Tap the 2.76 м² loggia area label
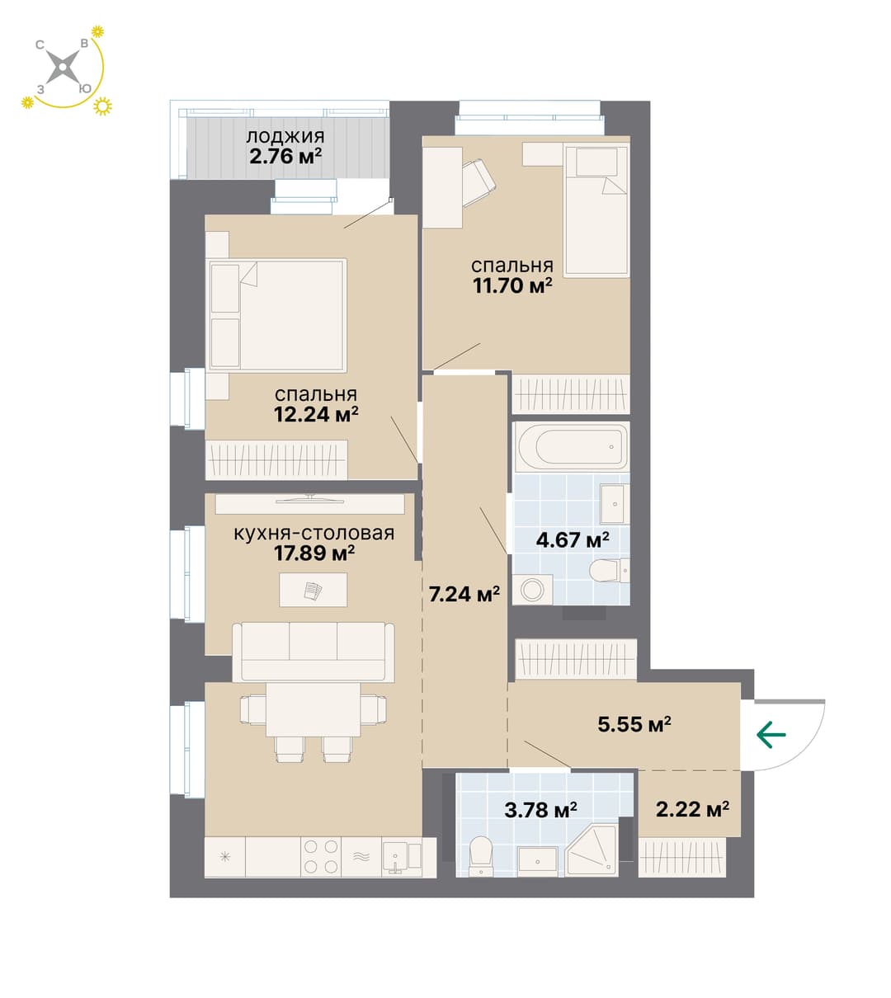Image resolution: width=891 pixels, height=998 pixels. (285, 157)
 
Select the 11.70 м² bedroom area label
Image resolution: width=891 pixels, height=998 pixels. (512, 285)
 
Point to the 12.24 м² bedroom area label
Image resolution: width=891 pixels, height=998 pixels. (316, 414)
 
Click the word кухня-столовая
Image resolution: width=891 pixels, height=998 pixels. (314, 533)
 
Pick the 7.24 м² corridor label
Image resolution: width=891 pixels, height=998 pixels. (464, 594)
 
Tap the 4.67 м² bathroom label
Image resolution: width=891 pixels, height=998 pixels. (573, 540)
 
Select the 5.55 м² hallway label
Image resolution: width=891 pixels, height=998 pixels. (634, 724)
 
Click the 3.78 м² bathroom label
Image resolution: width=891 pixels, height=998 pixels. (540, 810)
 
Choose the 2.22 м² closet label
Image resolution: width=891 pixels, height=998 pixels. (692, 809)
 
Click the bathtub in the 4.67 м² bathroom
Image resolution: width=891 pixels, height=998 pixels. (571, 447)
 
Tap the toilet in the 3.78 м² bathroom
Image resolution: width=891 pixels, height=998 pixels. (481, 855)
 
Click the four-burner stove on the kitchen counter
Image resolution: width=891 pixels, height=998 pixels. (321, 858)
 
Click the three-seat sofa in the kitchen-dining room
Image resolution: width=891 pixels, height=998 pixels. (313, 652)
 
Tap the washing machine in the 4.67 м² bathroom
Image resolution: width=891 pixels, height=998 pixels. (532, 589)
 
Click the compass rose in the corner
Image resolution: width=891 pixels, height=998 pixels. (63, 67)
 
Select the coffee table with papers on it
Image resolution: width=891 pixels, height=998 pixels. (313, 590)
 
